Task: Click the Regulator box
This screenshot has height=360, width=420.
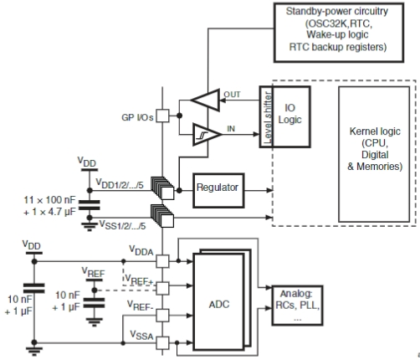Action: point(218,191)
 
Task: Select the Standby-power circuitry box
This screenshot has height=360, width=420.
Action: point(339,33)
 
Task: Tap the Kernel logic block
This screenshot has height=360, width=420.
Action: point(374,154)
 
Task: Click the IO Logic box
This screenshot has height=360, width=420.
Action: point(291,116)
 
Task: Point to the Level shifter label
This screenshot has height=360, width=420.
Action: point(267,117)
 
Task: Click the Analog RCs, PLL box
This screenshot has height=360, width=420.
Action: point(297,306)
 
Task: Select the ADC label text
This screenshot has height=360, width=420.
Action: point(219,304)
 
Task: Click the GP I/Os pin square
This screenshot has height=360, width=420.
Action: point(162,116)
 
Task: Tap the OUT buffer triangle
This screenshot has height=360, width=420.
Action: point(206,100)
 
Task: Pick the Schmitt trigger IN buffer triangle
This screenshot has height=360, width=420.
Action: point(207,134)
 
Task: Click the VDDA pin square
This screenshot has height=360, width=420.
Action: point(162,261)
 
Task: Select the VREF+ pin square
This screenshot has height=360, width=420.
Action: point(162,288)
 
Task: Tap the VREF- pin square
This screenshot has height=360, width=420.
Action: point(162,316)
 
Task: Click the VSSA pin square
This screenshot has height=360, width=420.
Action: point(162,343)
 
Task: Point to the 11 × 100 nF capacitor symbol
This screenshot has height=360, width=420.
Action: point(90,205)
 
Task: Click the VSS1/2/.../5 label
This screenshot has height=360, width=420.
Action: point(123,224)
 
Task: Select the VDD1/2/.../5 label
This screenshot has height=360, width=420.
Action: point(120,183)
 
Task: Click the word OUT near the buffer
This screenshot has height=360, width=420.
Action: point(232,95)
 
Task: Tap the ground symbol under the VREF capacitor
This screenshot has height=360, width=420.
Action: point(95,321)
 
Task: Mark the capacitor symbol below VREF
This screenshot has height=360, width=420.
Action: point(95,303)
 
